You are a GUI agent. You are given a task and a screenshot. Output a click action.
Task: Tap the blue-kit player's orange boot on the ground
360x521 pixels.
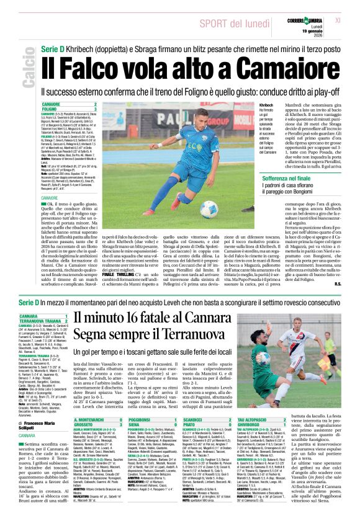tap(176, 202)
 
